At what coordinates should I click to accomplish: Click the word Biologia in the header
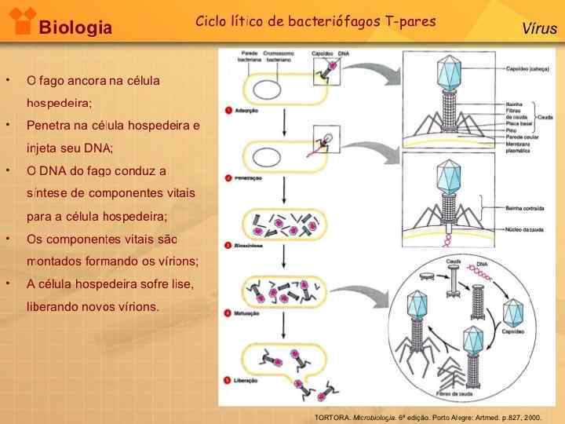tap(75, 28)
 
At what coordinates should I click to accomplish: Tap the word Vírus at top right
tap(539, 29)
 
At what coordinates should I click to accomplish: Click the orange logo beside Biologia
tap(19, 20)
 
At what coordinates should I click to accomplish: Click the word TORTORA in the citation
tap(331, 417)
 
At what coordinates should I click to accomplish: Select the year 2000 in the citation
tap(532, 417)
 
